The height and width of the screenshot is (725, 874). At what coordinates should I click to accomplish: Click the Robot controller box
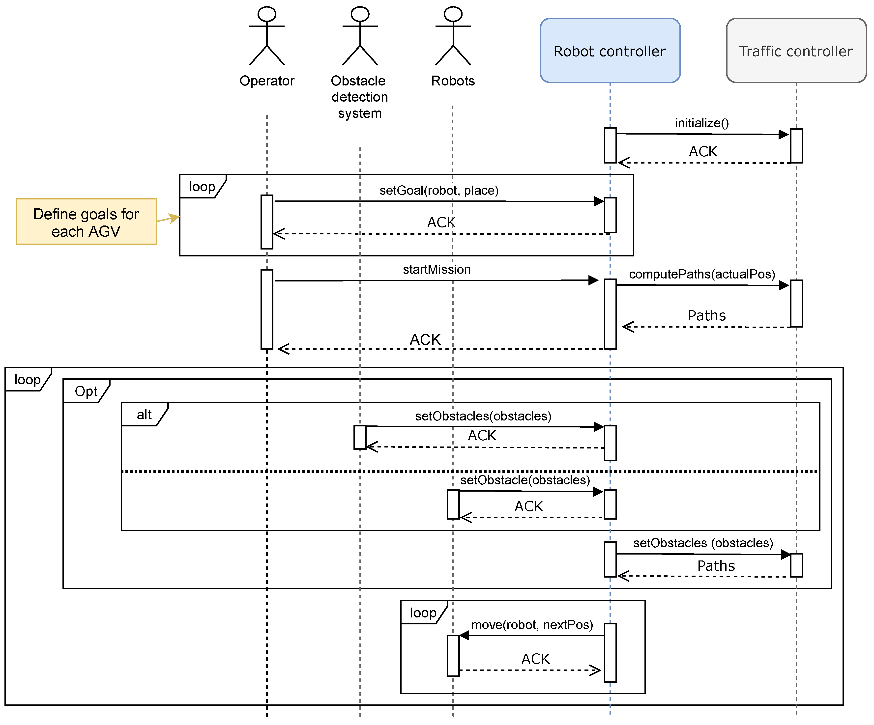(x=610, y=51)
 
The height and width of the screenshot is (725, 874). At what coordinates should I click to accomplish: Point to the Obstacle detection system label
(x=360, y=97)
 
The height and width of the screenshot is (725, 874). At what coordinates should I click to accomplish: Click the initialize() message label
(x=702, y=123)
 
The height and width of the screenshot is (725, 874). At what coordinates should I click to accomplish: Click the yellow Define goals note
(x=86, y=222)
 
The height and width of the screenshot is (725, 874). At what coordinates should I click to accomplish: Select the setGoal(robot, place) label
(x=439, y=191)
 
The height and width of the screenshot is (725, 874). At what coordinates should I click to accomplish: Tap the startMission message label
(x=437, y=270)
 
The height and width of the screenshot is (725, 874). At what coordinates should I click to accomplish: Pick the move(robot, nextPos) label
(x=532, y=625)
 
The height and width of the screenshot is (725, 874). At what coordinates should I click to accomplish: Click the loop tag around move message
(x=423, y=613)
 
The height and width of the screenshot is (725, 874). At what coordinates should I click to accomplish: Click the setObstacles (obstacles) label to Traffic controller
(x=703, y=543)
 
